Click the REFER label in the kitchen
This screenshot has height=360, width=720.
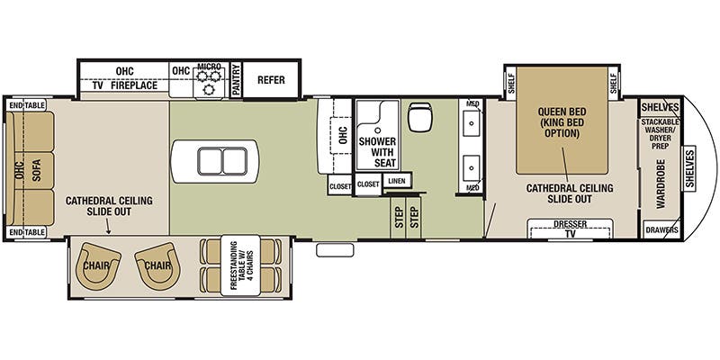(x=271, y=80)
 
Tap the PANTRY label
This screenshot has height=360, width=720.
(x=236, y=79)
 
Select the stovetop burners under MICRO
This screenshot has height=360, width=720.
(x=209, y=84)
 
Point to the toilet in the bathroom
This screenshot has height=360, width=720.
(x=420, y=117)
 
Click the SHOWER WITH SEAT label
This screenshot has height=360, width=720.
(x=376, y=147)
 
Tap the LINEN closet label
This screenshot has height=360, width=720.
(x=395, y=181)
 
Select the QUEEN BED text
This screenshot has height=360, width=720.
(x=562, y=112)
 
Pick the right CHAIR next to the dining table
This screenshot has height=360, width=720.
(x=158, y=265)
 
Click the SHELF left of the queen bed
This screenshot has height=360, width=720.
(x=510, y=82)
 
